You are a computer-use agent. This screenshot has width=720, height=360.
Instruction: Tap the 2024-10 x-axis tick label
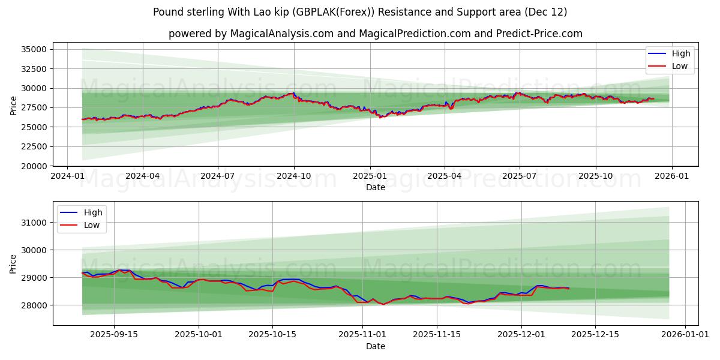tap(294, 176)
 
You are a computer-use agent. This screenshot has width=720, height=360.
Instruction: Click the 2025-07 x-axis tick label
tap(519, 176)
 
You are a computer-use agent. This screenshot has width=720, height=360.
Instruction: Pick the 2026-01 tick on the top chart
tap(671, 176)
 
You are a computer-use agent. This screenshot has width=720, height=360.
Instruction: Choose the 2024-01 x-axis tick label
tap(67, 176)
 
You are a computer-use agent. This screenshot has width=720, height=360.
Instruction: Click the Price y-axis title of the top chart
tap(14, 106)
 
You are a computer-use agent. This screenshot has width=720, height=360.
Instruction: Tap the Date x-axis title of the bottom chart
tap(376, 346)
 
